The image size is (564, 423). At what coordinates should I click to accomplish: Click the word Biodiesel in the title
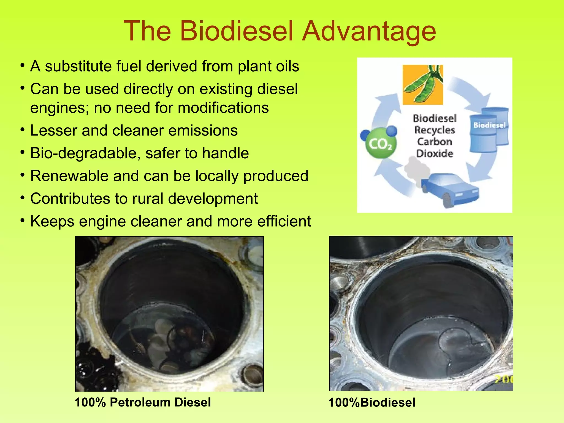[236, 31]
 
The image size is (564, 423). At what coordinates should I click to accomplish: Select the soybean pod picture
[423, 85]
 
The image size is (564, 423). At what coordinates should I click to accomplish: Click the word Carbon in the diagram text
[435, 142]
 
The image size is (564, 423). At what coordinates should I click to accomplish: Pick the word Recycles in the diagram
[435, 130]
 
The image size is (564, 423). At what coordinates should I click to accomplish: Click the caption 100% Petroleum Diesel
[143, 402]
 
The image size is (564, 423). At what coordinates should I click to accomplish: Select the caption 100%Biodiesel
[372, 403]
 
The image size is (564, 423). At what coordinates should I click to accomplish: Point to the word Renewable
[69, 176]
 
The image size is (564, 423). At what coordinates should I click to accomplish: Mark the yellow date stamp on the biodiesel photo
[504, 379]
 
